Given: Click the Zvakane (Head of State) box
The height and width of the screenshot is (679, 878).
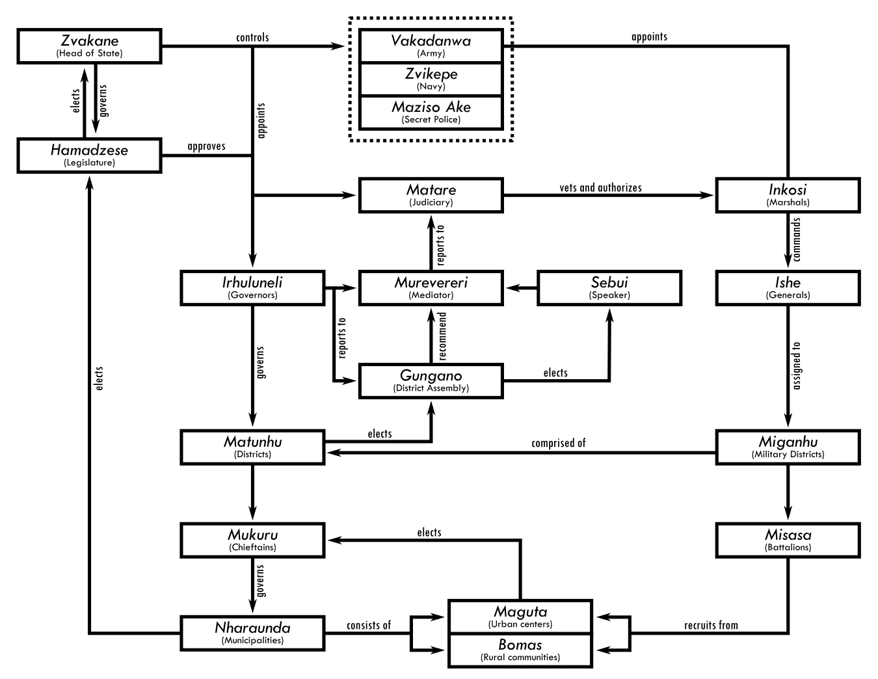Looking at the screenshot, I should pyautogui.click(x=89, y=46).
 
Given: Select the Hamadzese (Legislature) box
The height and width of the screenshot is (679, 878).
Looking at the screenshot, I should pyautogui.click(x=89, y=155).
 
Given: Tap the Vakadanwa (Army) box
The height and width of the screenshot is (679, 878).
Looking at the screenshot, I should pyautogui.click(x=431, y=46).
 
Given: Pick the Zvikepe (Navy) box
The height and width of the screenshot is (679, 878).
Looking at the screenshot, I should pyautogui.click(x=431, y=79).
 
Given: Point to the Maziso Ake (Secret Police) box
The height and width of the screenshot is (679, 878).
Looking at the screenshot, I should pyautogui.click(x=431, y=113).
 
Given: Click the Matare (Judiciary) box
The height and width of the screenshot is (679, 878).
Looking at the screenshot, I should pyautogui.click(x=431, y=195).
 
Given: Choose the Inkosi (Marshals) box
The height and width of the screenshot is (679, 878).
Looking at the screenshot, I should pyautogui.click(x=788, y=195).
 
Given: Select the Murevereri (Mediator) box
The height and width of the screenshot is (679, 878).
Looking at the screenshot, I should pyautogui.click(x=431, y=288).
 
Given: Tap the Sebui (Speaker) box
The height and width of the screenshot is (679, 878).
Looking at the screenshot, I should pyautogui.click(x=609, y=288).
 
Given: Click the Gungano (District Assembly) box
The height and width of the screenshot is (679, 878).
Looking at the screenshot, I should pyautogui.click(x=431, y=381).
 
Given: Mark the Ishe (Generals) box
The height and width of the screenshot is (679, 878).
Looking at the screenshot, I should pyautogui.click(x=788, y=288).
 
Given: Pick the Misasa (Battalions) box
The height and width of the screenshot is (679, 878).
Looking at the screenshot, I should pyautogui.click(x=788, y=540).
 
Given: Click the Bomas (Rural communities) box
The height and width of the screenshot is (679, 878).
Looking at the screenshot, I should pyautogui.click(x=520, y=650).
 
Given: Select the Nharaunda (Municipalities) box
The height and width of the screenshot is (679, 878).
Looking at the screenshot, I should pyautogui.click(x=252, y=633).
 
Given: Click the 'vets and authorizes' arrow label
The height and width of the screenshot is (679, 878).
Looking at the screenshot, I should pyautogui.click(x=600, y=188).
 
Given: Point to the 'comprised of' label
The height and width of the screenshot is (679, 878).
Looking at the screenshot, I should pyautogui.click(x=558, y=443).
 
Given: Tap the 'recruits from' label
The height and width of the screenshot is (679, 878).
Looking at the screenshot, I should pyautogui.click(x=711, y=626).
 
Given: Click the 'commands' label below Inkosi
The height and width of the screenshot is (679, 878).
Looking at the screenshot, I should pyautogui.click(x=797, y=240).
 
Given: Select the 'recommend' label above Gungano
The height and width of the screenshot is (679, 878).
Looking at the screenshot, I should pyautogui.click(x=443, y=336).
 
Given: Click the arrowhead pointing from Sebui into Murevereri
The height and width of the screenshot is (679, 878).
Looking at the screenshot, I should pyautogui.click(x=512, y=288).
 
